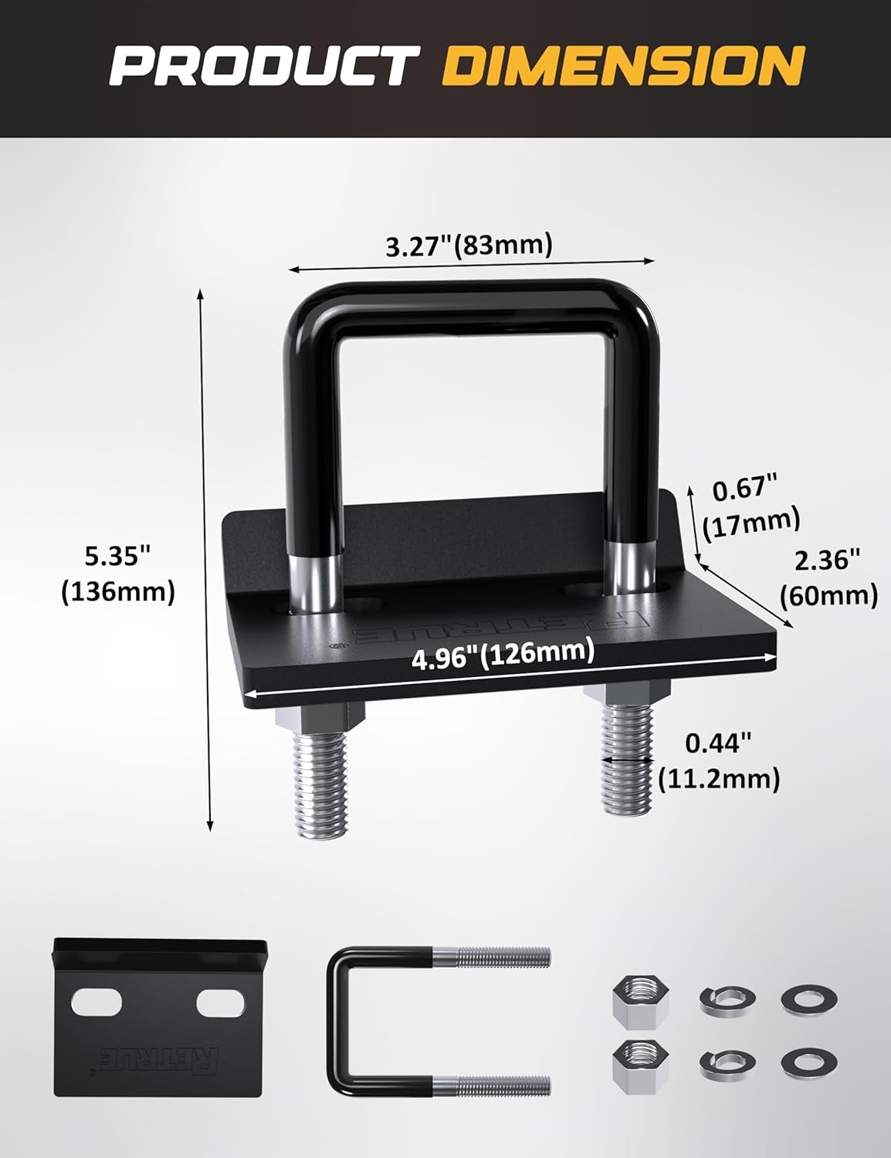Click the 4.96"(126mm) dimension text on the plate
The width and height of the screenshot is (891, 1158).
503,656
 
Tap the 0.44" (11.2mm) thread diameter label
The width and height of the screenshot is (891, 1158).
719,760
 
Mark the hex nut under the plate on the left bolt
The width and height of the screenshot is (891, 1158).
319,717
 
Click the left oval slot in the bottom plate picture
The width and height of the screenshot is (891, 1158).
97,1003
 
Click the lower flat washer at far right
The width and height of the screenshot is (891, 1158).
808,1063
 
